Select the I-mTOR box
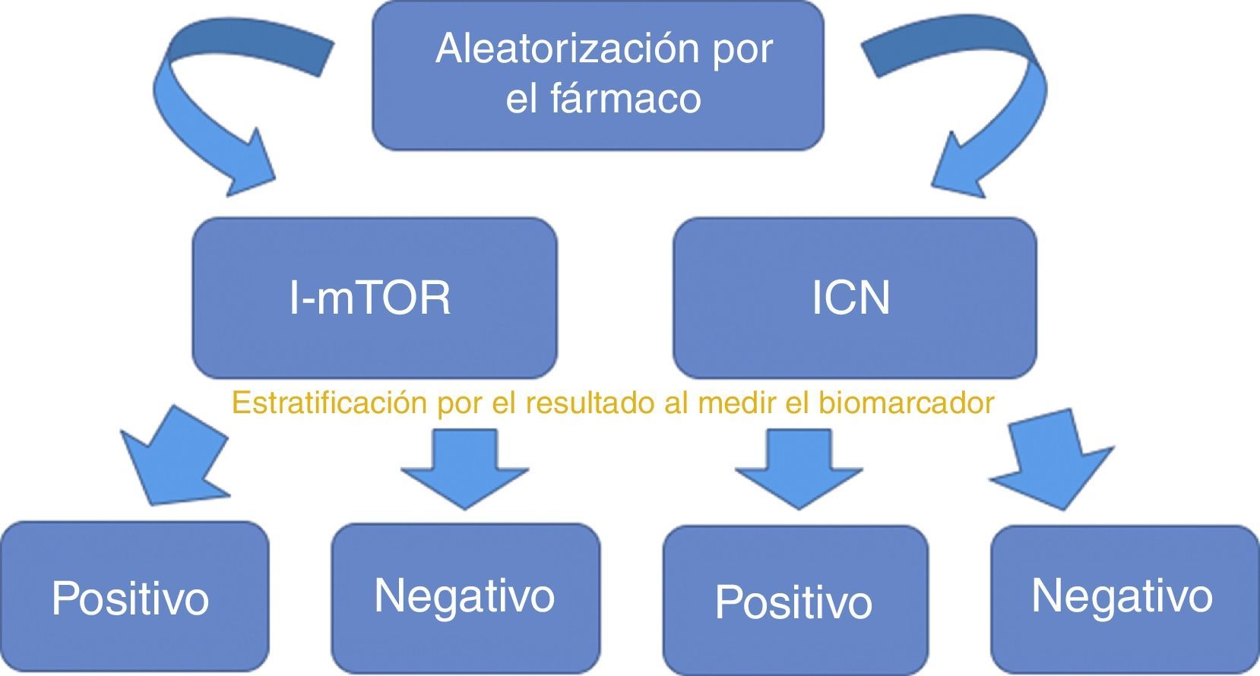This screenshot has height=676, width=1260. point(374,298)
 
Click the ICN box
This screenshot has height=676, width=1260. point(854,298)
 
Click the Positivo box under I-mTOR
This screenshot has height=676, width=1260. point(134,597)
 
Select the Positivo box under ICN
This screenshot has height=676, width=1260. point(795,600)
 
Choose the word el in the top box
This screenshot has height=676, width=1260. point(521,99)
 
